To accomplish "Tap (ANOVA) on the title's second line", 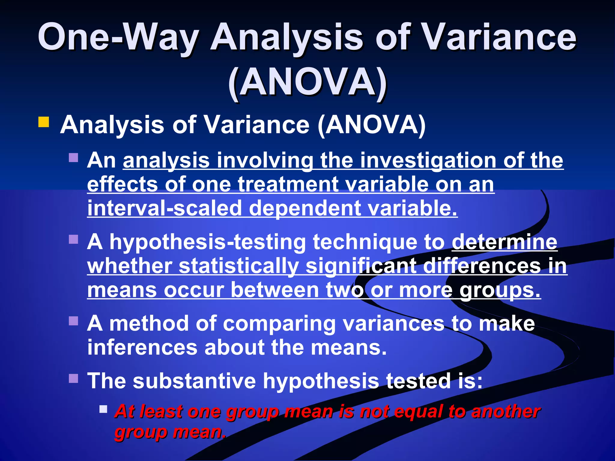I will (x=307, y=83).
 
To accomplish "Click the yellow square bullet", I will (x=44, y=122).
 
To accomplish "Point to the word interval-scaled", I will (x=165, y=209).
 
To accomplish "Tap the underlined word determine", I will (x=504, y=242).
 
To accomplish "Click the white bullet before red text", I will (x=103, y=409).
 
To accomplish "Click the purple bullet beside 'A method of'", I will (x=74, y=321).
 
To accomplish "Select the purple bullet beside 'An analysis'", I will (x=74, y=158).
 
